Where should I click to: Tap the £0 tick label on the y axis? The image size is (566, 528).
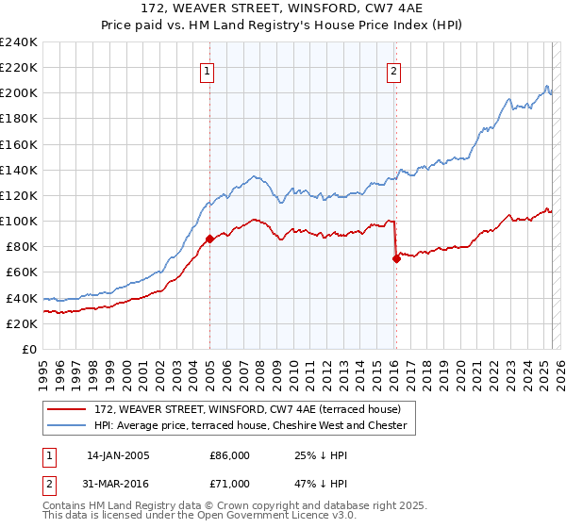(x=29, y=349)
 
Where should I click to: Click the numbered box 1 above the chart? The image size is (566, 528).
(x=207, y=69)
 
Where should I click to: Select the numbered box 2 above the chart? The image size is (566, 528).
(x=392, y=69)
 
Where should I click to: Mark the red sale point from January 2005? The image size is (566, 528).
(x=209, y=239)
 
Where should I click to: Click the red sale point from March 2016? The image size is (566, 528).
(x=396, y=258)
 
